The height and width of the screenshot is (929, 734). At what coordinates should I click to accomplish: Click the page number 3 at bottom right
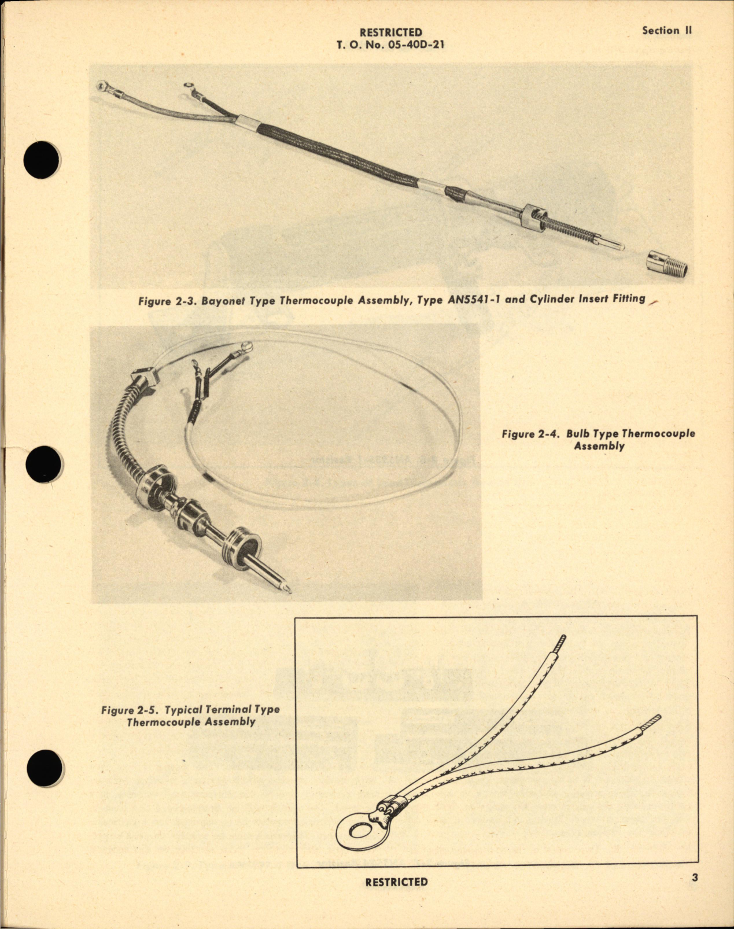pyautogui.click(x=695, y=878)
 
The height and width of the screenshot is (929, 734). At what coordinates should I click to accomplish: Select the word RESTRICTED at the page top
pyautogui.click(x=390, y=32)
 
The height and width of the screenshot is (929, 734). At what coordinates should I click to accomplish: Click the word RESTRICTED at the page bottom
pyautogui.click(x=397, y=882)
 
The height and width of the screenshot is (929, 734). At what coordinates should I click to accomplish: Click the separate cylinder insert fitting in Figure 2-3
pyautogui.click(x=666, y=263)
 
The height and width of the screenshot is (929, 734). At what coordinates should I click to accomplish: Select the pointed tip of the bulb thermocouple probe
pyautogui.click(x=286, y=589)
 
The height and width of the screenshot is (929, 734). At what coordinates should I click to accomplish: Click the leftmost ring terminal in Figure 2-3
pyautogui.click(x=104, y=87)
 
